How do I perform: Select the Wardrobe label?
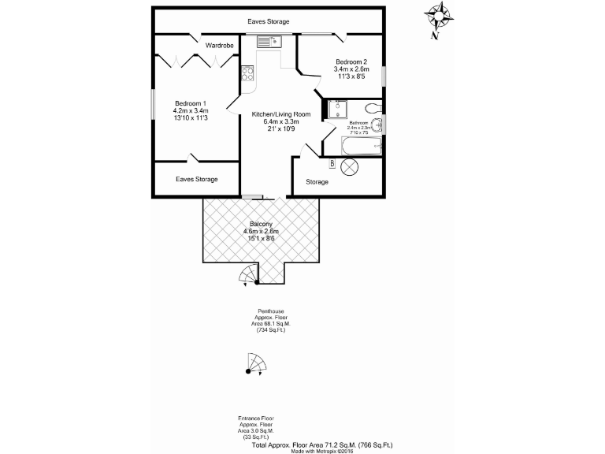(220, 47)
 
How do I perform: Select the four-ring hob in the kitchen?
(247, 72)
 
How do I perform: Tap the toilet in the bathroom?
(373, 107)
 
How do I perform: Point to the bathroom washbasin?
(380, 125)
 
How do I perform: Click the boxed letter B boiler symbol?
(332, 163)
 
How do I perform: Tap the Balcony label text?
(262, 223)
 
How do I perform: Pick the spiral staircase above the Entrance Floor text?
(256, 365)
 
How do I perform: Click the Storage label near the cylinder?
(317, 182)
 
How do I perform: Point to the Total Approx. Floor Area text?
(322, 445)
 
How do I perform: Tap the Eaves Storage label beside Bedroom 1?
(197, 180)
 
